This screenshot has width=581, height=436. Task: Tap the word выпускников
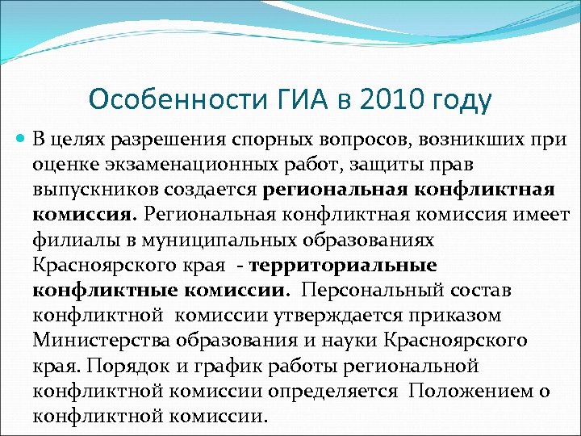(95, 191)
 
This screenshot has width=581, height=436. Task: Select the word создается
(211, 191)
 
